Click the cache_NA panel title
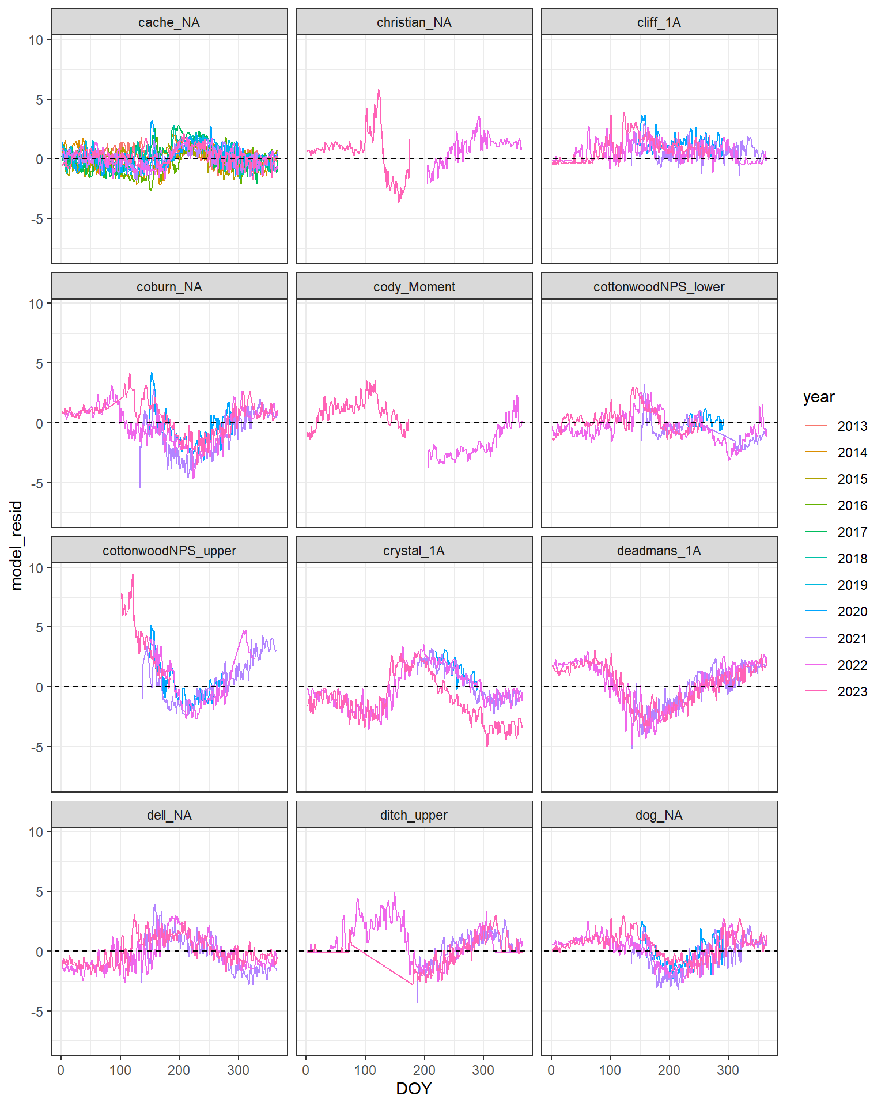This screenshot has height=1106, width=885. point(169,22)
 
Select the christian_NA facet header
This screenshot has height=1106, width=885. point(414,22)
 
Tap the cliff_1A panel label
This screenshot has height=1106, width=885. point(659,22)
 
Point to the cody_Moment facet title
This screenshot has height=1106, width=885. point(414,287)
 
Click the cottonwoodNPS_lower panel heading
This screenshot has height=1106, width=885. point(659,287)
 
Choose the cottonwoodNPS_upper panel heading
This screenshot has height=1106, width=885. point(169,551)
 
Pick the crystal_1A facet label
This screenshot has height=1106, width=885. point(414,551)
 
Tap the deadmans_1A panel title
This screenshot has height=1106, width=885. point(659,551)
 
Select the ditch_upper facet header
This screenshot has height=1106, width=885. point(414,815)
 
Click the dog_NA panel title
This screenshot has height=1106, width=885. point(659,815)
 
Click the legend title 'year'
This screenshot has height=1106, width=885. point(819,397)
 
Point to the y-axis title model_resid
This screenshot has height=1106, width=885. point(16,545)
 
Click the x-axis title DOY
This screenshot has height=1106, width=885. point(414,1089)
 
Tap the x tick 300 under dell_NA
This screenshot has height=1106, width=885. point(238,1070)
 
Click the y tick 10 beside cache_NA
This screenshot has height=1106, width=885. point(36,40)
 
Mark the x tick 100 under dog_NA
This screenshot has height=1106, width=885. point(610,1070)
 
